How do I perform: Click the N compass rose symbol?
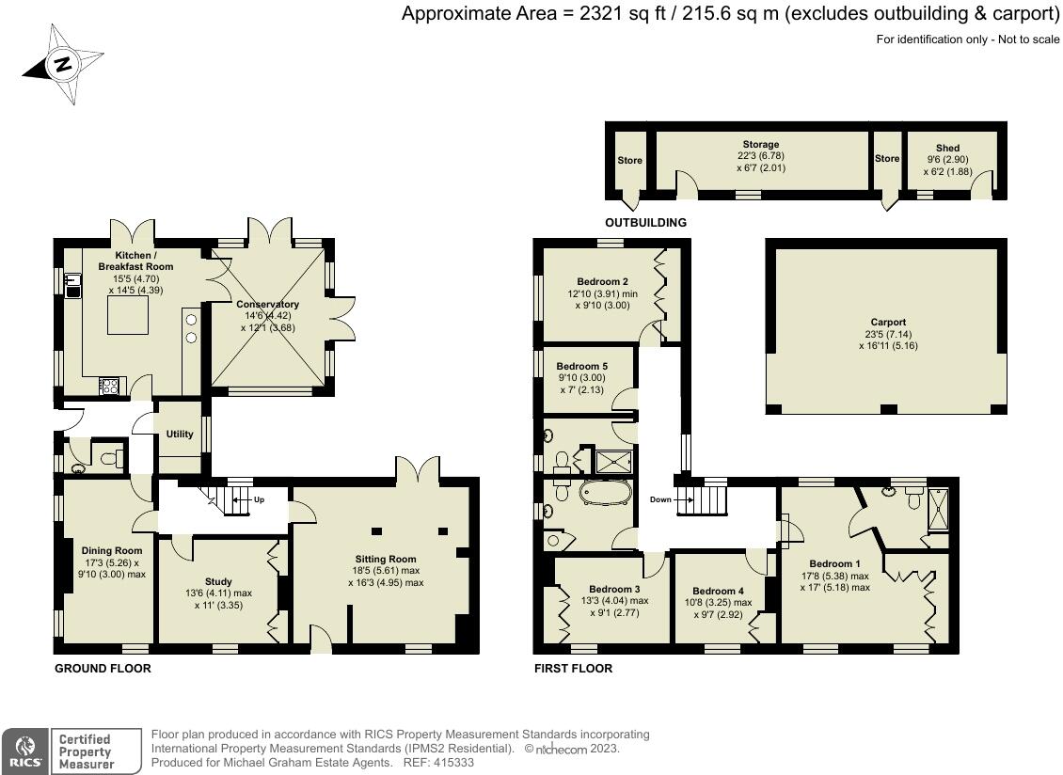(63, 64)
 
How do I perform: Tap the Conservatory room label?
(268, 305)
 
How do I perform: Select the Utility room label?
(180, 434)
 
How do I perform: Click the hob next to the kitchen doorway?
(109, 386)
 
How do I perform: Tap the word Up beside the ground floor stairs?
(259, 499)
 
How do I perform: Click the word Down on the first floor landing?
(660, 499)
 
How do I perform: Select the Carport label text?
(888, 322)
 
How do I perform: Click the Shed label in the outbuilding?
(947, 148)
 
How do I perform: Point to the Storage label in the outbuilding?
(761, 145)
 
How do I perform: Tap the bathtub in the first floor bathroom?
(606, 492)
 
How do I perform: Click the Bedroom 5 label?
(581, 366)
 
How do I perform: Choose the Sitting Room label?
(386, 560)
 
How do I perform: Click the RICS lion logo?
(25, 751)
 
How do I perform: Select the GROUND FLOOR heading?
(103, 669)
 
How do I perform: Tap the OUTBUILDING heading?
(645, 222)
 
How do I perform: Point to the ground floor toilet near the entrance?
(111, 459)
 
